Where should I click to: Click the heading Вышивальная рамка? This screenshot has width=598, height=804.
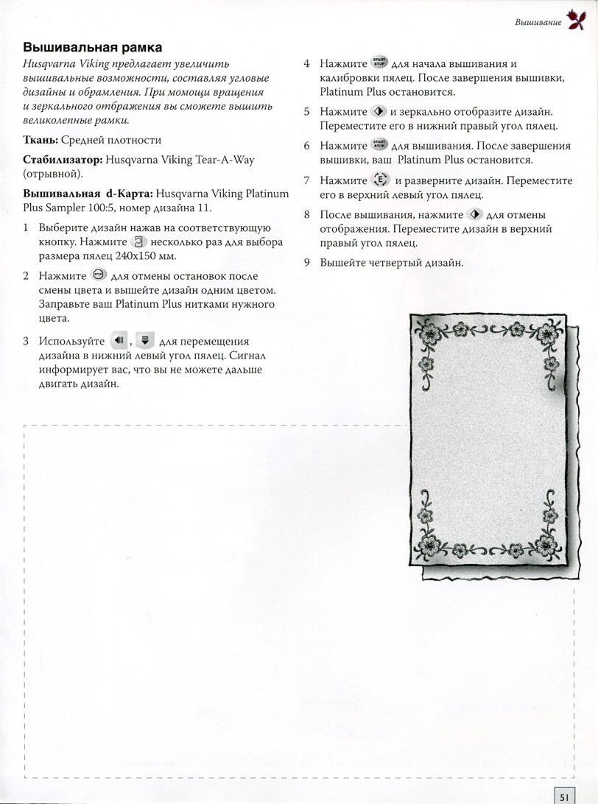click(x=93, y=48)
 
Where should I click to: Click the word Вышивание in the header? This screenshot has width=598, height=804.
click(x=538, y=23)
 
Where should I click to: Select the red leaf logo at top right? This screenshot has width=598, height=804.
click(x=575, y=21)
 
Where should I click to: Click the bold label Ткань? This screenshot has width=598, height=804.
click(x=43, y=139)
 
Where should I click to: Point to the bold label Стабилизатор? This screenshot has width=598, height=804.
click(x=63, y=158)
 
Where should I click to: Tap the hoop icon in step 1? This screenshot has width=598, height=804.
click(x=138, y=242)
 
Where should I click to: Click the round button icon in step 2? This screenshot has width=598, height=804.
click(x=98, y=275)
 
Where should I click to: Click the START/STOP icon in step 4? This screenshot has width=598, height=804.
click(x=379, y=63)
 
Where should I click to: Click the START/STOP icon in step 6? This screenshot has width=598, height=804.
click(x=379, y=145)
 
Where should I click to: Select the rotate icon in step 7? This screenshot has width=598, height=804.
click(x=380, y=180)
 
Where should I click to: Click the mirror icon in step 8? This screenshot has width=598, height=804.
click(x=474, y=214)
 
